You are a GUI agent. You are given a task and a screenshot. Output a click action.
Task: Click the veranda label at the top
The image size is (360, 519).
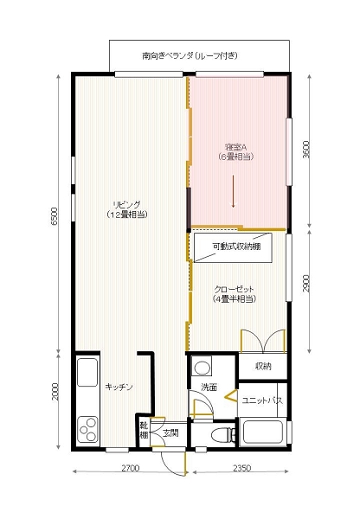pyautogui.click(x=190, y=55)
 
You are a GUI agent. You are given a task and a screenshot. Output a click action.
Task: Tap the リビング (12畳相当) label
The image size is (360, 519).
pyautogui.click(x=125, y=208)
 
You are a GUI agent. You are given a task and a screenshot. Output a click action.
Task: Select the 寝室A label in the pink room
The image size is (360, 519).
pyautogui.click(x=235, y=152)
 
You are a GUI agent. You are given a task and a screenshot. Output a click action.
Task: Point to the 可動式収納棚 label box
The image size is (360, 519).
pyautogui.click(x=237, y=247)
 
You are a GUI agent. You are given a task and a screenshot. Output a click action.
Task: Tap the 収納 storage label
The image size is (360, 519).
pyautogui.click(x=263, y=367)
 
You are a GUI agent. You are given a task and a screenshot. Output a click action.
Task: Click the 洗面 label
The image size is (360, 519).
pyautogui.click(x=209, y=387)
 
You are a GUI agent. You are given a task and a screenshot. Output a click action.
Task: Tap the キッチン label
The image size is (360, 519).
pyautogui.click(x=119, y=387)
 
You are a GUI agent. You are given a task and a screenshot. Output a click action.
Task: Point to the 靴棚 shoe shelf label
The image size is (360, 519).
pyautogui.click(x=144, y=429)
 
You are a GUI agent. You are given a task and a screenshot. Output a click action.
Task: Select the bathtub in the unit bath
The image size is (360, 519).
pyautogui.click(x=263, y=432)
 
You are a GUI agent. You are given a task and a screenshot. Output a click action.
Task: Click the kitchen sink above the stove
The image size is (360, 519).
pyautogui.click(x=88, y=373)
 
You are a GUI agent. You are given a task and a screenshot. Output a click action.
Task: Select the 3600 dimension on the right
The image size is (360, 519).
pyautogui.click(x=307, y=151)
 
